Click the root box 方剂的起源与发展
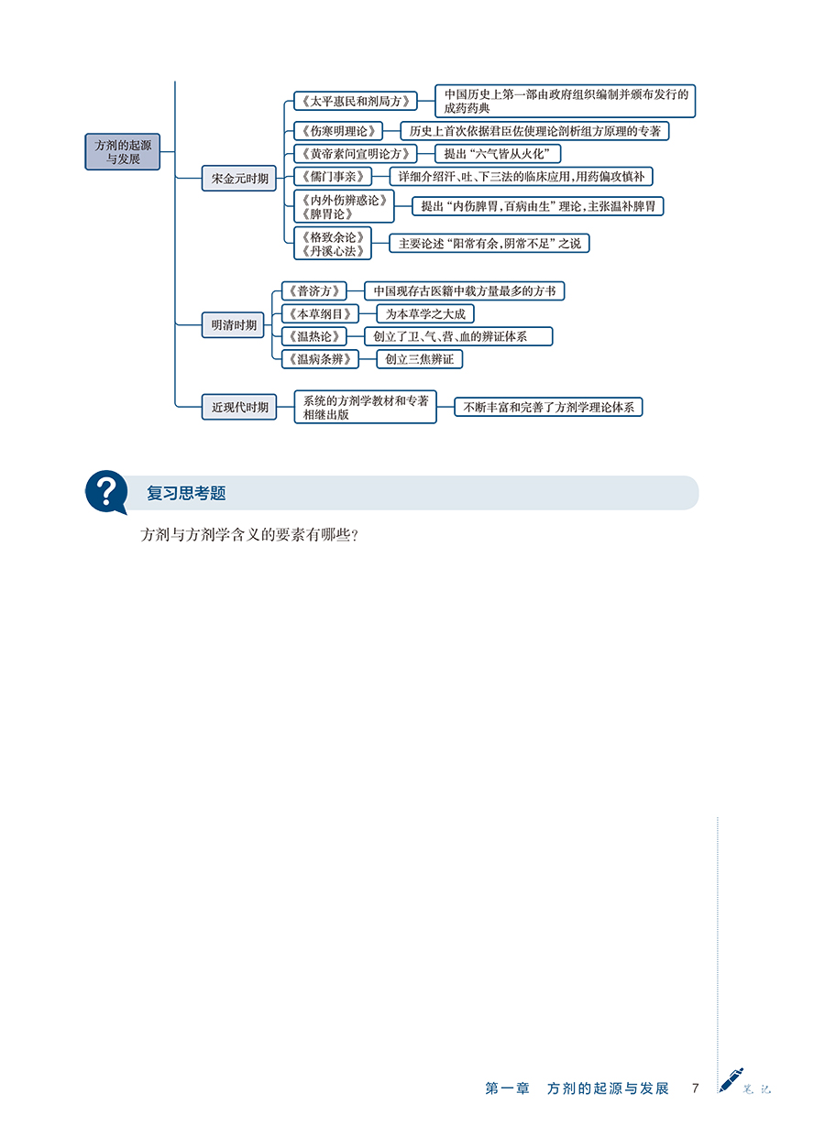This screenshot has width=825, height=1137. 123,152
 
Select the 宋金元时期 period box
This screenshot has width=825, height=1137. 239,178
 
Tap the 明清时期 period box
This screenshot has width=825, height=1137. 233,325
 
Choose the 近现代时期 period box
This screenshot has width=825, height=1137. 239,407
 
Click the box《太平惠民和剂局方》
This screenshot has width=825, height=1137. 356,101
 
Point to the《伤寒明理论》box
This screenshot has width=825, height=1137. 338,131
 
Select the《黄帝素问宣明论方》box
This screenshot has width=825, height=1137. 356,153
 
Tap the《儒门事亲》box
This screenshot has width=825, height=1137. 333,177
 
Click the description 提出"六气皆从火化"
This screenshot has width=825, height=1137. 498,153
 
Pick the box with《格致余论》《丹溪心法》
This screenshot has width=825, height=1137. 333,244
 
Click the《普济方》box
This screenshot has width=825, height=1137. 314,290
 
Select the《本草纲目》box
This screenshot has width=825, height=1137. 320,313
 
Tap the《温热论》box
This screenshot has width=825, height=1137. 314,336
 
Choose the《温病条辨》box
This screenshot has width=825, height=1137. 320,359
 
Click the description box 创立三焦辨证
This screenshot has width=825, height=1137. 420,359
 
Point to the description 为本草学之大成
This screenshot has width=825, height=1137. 425,313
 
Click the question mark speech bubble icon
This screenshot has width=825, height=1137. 106,492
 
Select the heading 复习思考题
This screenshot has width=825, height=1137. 186,493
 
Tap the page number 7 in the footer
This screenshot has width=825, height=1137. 696,1088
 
